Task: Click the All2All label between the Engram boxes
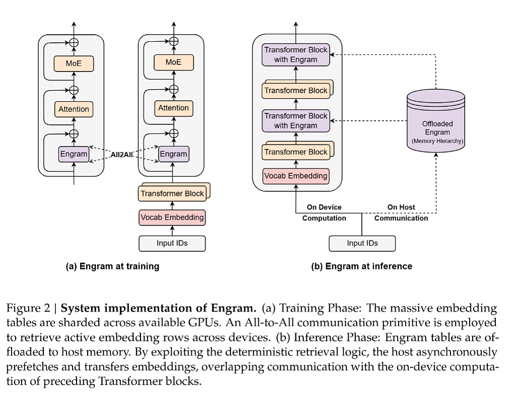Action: tap(122, 155)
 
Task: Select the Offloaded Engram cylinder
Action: tap(436, 120)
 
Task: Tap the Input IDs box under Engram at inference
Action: tap(362, 243)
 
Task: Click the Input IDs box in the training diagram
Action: tap(172, 243)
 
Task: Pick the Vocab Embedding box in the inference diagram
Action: tap(296, 176)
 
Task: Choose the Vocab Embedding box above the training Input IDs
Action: tap(172, 218)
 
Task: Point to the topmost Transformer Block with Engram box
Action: tap(296, 54)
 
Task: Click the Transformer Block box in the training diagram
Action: tap(172, 193)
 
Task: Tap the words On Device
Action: tap(324, 207)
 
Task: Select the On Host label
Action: tap(401, 207)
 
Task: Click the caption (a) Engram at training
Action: tap(112, 266)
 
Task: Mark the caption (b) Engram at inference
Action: tap(362, 266)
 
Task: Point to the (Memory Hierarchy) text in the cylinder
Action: tap(437, 141)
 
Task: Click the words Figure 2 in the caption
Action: tap(28, 308)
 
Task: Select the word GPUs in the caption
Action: tap(204, 323)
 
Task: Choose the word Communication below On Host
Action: tap(401, 218)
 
